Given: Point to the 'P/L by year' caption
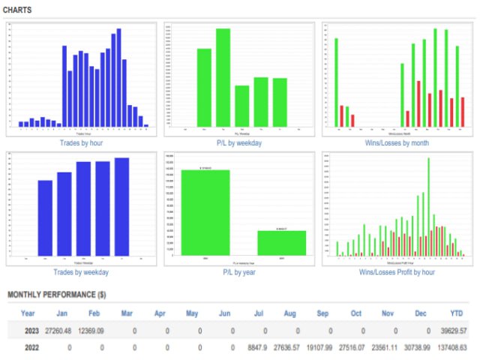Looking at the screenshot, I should click(239, 272).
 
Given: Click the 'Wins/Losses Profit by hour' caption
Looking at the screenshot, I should click(397, 272).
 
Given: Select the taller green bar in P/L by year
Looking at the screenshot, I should click(205, 213).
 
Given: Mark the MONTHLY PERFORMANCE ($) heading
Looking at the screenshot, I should click(56, 295).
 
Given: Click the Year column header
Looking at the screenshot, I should click(28, 313).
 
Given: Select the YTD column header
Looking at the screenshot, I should click(456, 313).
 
